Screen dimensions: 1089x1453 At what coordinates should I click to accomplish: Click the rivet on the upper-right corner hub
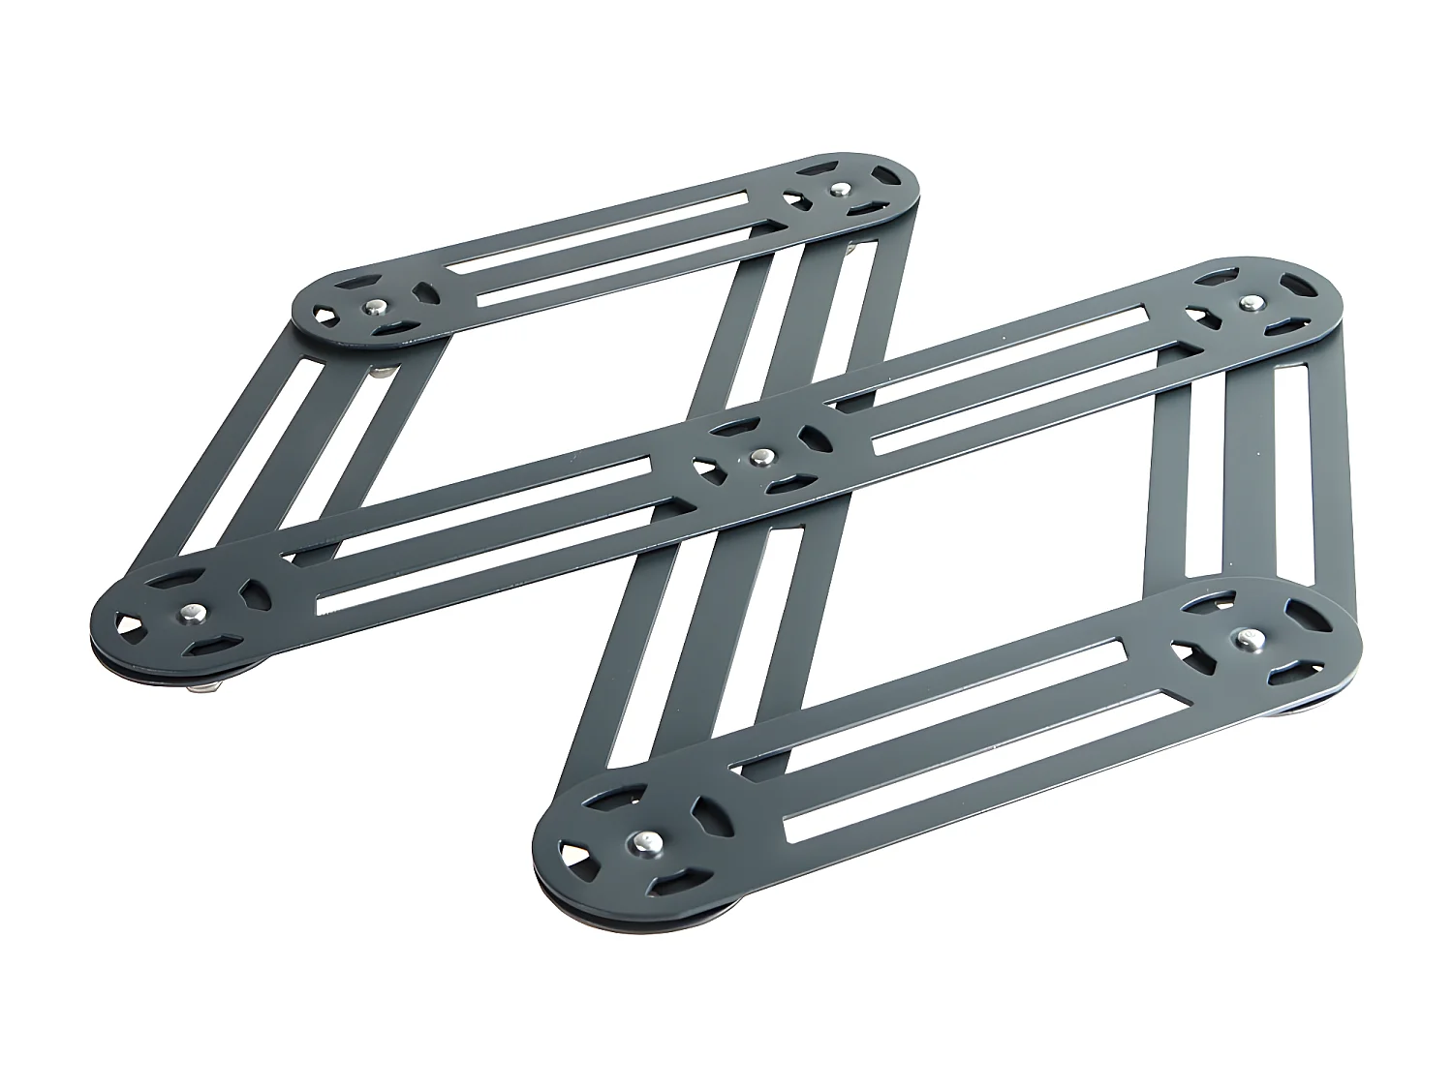[x=1252, y=302]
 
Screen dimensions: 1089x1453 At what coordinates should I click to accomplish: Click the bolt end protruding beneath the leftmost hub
[x=206, y=688]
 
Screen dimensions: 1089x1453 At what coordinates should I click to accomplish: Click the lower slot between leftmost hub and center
[x=504, y=560]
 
